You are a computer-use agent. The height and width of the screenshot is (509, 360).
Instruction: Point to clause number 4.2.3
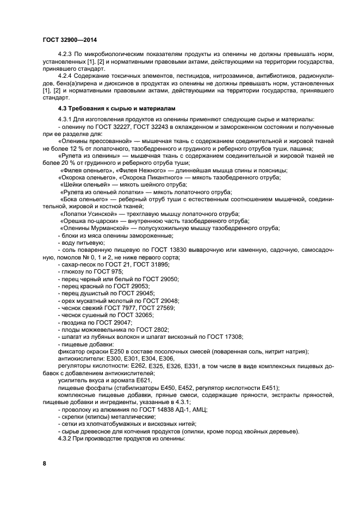coord(66,55)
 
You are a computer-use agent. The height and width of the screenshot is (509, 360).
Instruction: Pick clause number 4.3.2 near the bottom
coord(66,439)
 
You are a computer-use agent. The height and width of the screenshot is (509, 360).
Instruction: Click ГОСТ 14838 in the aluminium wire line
coord(147,409)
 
